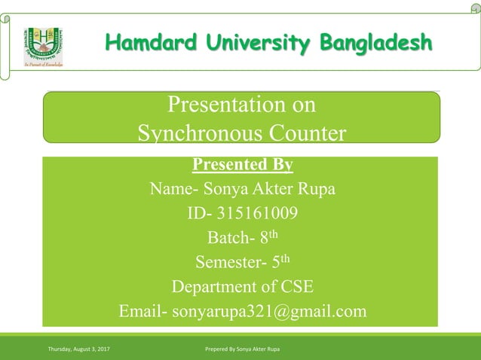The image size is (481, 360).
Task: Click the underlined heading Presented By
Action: [x=242, y=164]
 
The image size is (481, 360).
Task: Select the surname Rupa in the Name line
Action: [x=317, y=189]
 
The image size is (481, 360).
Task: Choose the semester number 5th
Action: [x=280, y=262]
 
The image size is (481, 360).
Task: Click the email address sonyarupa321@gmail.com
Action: [x=269, y=311]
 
